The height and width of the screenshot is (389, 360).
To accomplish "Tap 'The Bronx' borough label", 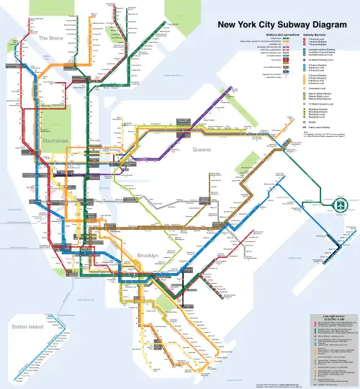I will [52, 37].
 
